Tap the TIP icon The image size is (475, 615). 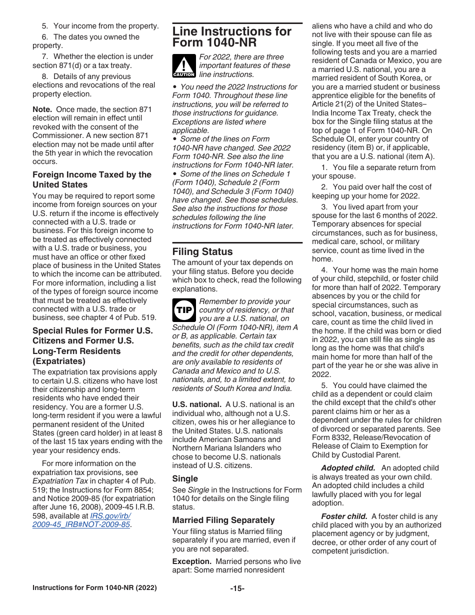coord(183,310)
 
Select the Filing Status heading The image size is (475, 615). coord(202,251)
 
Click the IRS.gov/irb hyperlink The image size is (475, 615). coord(110,516)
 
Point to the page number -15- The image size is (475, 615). coord(237,588)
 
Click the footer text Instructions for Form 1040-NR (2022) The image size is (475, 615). coord(94,588)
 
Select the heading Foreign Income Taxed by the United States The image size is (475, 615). coord(92,179)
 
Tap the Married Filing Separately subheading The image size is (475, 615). coord(223,520)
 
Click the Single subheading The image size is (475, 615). coord(185,478)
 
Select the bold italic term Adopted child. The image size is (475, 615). coord(348,468)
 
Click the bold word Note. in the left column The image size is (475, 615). coord(42,109)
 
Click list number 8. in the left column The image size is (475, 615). coord(45,76)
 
